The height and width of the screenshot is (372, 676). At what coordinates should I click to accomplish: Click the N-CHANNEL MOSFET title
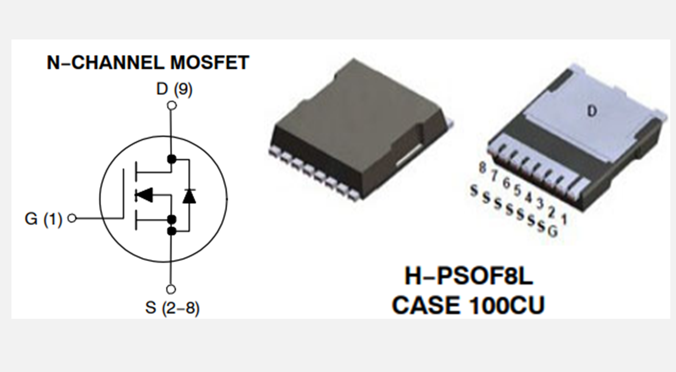pyautogui.click(x=148, y=62)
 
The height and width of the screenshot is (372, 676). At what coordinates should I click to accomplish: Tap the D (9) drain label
pyautogui.click(x=174, y=90)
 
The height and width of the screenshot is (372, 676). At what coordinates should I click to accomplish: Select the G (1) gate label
pyautogui.click(x=44, y=219)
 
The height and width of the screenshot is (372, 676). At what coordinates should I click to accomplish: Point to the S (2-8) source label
pyautogui.click(x=172, y=308)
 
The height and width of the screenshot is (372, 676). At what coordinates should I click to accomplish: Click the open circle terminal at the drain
pyautogui.click(x=171, y=105)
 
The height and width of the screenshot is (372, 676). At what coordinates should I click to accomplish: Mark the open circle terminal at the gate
pyautogui.click(x=72, y=218)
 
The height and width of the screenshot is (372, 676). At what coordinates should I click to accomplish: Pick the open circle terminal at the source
pyautogui.click(x=171, y=290)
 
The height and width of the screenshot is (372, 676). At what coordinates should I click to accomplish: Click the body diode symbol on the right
pyautogui.click(x=189, y=196)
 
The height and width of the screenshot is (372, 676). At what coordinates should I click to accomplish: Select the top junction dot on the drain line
pyautogui.click(x=171, y=159)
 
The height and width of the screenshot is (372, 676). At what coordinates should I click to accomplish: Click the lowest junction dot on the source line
pyautogui.click(x=171, y=231)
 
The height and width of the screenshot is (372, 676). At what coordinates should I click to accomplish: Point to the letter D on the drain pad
pyautogui.click(x=592, y=112)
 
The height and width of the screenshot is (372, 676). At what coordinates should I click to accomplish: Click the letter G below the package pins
pyautogui.click(x=552, y=231)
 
